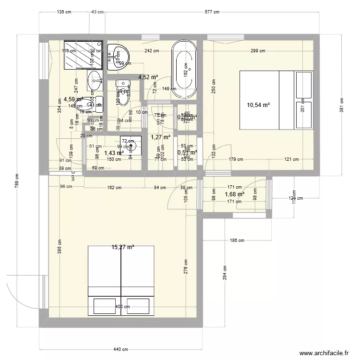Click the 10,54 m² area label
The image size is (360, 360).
258,105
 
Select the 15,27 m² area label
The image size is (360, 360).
123,248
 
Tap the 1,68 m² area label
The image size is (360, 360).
235,194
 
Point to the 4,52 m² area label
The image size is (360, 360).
148,77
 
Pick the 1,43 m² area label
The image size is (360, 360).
114,153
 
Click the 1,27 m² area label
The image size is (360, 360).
160,137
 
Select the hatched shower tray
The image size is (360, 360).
84,54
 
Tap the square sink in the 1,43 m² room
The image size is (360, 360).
131,145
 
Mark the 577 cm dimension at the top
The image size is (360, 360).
211,12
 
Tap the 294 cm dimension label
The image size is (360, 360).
224,274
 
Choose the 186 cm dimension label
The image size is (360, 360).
237,240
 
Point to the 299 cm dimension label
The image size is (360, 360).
258,51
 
